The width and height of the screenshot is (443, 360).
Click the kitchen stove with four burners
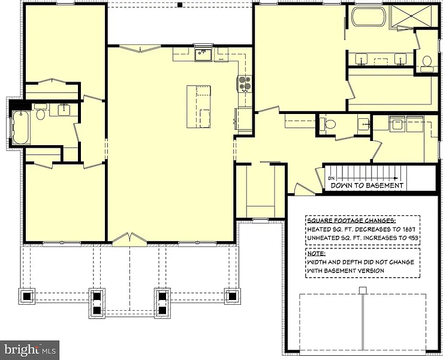[x=245, y=84]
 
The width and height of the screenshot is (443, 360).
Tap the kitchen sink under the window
[x=203, y=55]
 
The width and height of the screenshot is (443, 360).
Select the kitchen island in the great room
[x=198, y=106]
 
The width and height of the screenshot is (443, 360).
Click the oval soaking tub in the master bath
[x=368, y=17]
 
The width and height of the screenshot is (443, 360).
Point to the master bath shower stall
[x=411, y=17]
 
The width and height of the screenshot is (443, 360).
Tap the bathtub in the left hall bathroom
[x=20, y=127]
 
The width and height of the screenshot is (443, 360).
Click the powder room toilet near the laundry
[x=327, y=124]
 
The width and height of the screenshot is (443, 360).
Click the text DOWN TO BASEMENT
[x=367, y=185]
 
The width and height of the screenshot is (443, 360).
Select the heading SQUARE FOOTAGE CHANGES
[x=351, y=221]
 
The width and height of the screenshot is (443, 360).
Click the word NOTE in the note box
[x=316, y=253]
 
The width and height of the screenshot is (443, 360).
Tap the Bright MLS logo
[x=29, y=350]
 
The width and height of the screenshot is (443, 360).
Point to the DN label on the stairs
[x=332, y=178]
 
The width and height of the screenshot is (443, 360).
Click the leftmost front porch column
[x=27, y=296]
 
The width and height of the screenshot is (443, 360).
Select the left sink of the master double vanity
[x=361, y=59]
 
